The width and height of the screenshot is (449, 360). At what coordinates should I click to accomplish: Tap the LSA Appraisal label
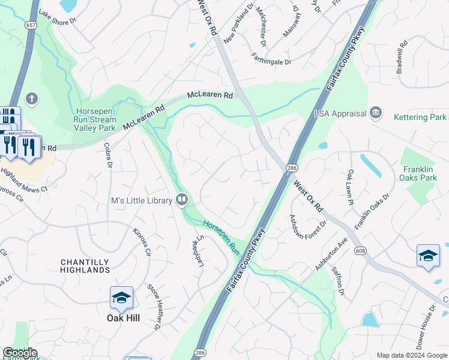pos(340,113)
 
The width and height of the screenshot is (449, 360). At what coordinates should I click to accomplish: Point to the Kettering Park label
pos(420,117)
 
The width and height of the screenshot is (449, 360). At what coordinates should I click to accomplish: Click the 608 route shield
pos(360,250)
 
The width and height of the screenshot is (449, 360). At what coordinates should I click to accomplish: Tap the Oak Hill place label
pos(123,318)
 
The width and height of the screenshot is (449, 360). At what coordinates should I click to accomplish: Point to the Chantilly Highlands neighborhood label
pos(85,266)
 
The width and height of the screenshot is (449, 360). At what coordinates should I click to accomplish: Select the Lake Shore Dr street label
pos(58,16)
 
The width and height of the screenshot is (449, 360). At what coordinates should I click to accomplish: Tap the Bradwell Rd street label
pos(402,57)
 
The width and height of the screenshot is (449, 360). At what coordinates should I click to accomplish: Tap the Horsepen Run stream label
pos(221,235)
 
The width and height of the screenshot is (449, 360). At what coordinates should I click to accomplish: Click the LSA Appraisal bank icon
pos(376,112)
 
